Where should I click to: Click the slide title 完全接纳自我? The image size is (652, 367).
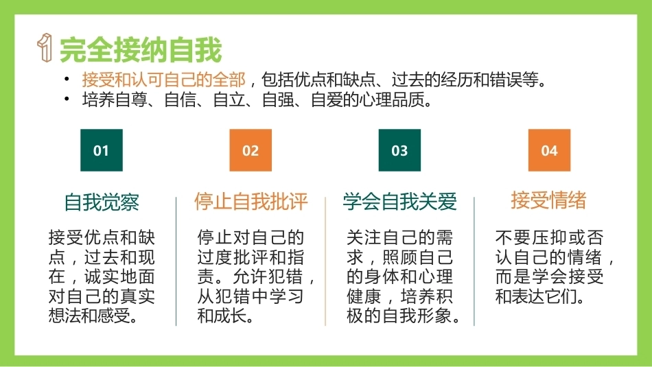tap(141, 50)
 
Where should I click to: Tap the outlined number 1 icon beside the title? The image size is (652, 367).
tap(45, 47)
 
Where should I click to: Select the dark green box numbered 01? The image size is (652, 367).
tap(102, 150)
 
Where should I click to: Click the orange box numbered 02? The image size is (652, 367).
tap(251, 150)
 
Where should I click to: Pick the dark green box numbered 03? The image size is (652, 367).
tap(399, 150)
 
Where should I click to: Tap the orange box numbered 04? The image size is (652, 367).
tap(549, 150)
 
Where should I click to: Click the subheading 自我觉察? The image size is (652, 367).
tap(102, 202)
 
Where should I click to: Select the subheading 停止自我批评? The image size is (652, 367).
tap(251, 201)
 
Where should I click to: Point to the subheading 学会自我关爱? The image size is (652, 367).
tap(399, 202)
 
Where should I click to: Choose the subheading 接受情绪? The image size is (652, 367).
tap(548, 200)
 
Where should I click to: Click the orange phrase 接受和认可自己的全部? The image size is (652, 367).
tap(163, 80)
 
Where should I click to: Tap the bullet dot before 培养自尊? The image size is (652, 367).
tap(67, 99)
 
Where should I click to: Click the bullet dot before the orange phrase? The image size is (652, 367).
tap(67, 79)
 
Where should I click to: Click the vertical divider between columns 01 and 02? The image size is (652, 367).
tap(176, 261)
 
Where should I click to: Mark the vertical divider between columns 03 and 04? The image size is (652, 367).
tap(474, 261)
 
